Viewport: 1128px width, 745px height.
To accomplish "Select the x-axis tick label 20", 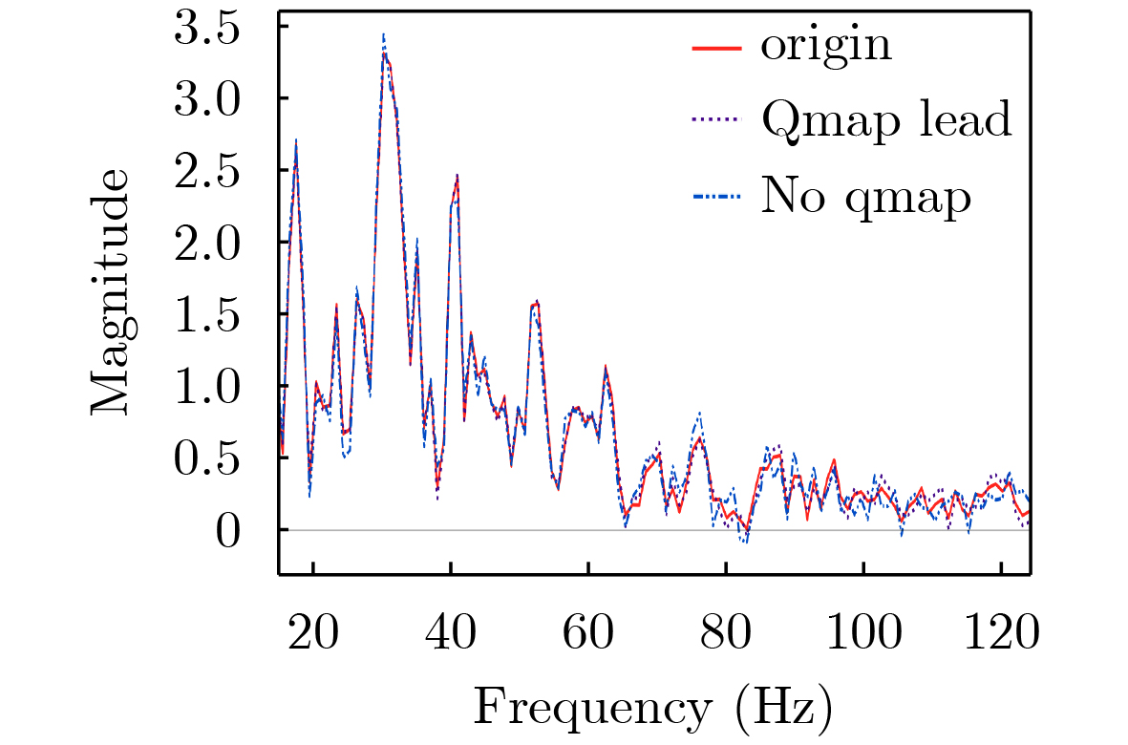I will tap(313, 631).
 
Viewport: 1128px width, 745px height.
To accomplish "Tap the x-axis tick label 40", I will tap(451, 631).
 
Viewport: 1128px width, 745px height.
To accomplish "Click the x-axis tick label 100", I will tap(862, 631).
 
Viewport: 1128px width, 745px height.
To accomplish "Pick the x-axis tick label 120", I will tap(1000, 631).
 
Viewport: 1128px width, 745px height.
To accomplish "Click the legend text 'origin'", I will tap(826, 45).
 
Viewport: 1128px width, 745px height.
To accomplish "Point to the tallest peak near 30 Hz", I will tap(384, 35).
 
